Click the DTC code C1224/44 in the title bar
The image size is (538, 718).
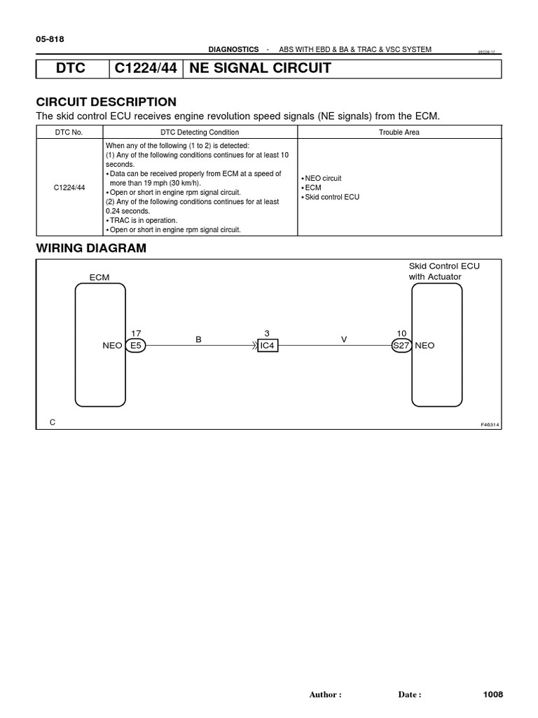coord(145,69)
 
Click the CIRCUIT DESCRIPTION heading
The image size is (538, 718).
coord(106,102)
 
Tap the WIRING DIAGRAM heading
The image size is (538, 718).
coord(91,248)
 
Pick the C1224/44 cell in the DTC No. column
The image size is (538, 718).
coord(69,188)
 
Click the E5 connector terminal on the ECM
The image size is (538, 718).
coord(135,346)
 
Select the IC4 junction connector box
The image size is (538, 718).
coord(268,346)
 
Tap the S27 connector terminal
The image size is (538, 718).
coord(401,346)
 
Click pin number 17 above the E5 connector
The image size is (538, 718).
coord(136,333)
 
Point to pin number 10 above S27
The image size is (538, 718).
coord(401,333)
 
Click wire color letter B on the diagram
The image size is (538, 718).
coord(198,339)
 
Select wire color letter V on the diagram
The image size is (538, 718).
coord(344,339)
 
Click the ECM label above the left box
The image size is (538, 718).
coord(99,278)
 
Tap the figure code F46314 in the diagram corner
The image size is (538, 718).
coord(490,425)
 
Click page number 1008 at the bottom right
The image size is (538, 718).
coord(493,694)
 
